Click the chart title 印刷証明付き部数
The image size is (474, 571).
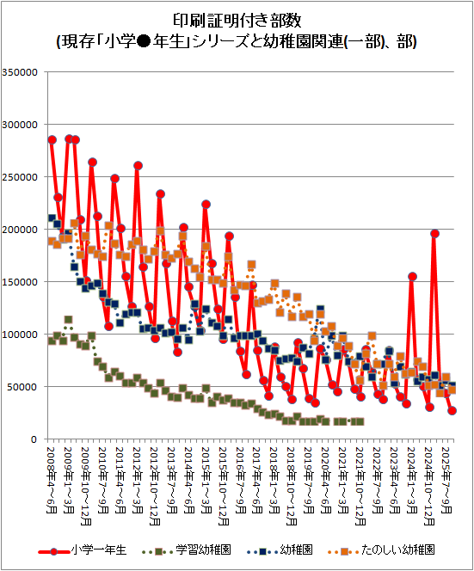coord(237,21)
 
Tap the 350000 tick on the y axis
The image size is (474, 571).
coord(20,72)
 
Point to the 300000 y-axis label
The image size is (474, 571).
coord(20,125)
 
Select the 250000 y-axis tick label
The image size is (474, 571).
coord(20,177)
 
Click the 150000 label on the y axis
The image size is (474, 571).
coord(20,282)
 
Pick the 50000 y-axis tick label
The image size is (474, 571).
coord(22,387)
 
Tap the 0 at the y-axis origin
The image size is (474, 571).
coord(34,439)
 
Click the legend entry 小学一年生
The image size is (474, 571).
coord(98,550)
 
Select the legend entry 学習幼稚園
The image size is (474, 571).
coord(203,550)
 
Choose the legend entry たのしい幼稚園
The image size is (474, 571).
coord(397,550)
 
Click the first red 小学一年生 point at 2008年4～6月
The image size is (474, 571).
coord(52,140)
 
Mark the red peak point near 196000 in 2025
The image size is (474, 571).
coord(434,233)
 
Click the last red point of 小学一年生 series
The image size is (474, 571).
coord(452,410)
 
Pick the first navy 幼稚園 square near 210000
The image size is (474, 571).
coord(52,218)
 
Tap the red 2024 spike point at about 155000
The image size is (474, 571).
coord(412,276)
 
